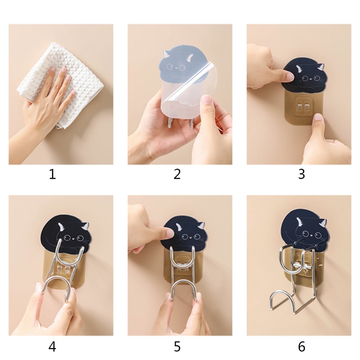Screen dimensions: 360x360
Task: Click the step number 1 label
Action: coord(53,174)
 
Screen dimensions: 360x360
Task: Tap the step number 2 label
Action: coord(177,174)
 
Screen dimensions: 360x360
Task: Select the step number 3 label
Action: coord(301,174)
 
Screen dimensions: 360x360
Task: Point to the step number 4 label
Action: coord(53,346)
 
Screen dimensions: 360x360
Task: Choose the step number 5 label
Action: coord(177,346)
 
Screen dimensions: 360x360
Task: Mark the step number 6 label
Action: coord(301,346)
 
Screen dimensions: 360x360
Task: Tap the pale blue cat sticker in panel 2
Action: coord(180,67)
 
